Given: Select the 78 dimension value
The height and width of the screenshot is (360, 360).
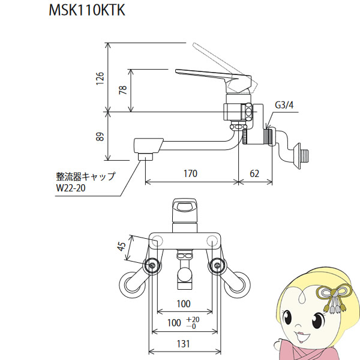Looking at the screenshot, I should [123, 90].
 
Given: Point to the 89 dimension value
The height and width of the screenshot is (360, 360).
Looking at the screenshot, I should [101, 136].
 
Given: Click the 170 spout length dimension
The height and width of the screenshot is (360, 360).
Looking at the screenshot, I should [190, 175].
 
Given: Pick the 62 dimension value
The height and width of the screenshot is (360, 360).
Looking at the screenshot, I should [254, 175].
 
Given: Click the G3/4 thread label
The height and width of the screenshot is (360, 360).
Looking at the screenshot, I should [283, 106].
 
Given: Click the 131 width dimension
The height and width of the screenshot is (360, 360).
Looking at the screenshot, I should [183, 344].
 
